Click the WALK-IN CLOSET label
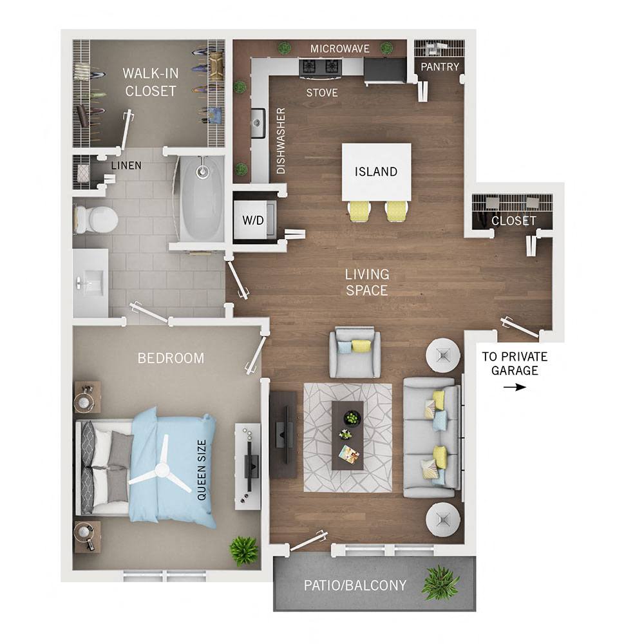[151, 82]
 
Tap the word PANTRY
[440, 67]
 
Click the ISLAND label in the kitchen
[376, 172]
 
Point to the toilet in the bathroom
[95, 218]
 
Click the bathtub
[202, 193]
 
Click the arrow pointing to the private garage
[515, 387]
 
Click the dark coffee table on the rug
[348, 434]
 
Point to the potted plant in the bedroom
[244, 551]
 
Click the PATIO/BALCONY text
[355, 585]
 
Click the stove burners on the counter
[319, 66]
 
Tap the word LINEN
[126, 166]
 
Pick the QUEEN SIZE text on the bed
[202, 470]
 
